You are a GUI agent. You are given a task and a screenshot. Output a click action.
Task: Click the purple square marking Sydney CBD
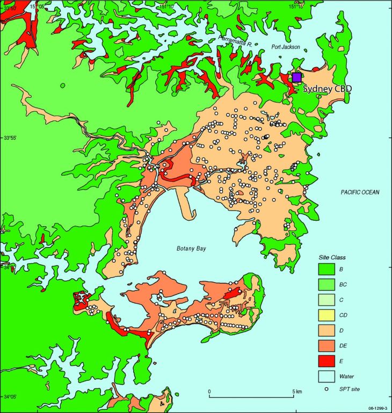[x=296, y=77]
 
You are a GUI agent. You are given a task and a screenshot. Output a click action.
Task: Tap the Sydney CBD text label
[x=328, y=89]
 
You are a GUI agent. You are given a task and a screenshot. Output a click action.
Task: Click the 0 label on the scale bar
[x=209, y=391]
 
